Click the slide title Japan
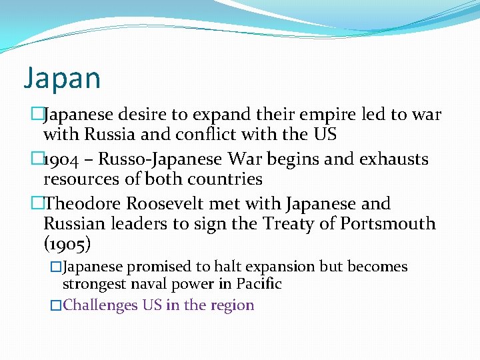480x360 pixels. pos(62,79)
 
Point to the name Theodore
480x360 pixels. pos(85,203)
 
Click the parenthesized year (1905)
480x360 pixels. pos(68,243)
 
